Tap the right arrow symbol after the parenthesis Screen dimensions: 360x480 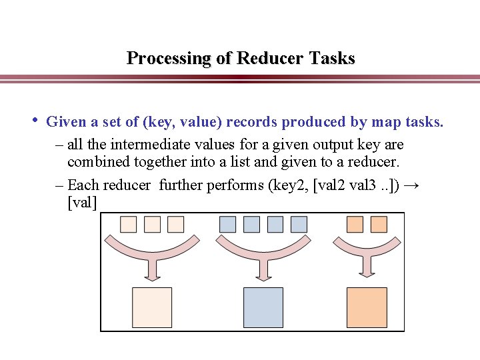click(411, 185)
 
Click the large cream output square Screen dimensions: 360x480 click(152, 307)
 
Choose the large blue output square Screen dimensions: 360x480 click(263, 307)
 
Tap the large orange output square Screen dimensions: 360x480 click(367, 307)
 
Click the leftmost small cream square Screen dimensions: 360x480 click(129, 224)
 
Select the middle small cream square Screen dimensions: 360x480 click(152, 224)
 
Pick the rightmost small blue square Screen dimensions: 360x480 click(299, 224)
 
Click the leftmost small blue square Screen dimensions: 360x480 click(228, 224)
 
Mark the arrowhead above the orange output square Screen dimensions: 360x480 click(367, 272)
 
